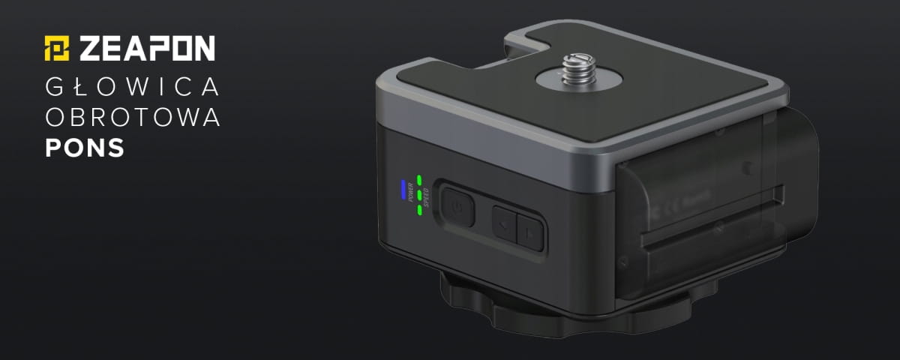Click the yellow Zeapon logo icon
tap(57, 47)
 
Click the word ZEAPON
tap(147, 48)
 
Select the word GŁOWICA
tap(132, 88)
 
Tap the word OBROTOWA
tap(133, 118)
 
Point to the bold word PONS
tap(84, 148)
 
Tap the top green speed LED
tap(421, 180)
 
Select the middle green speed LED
tap(421, 195)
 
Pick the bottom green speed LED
tap(421, 209)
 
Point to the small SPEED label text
tap(428, 196)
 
